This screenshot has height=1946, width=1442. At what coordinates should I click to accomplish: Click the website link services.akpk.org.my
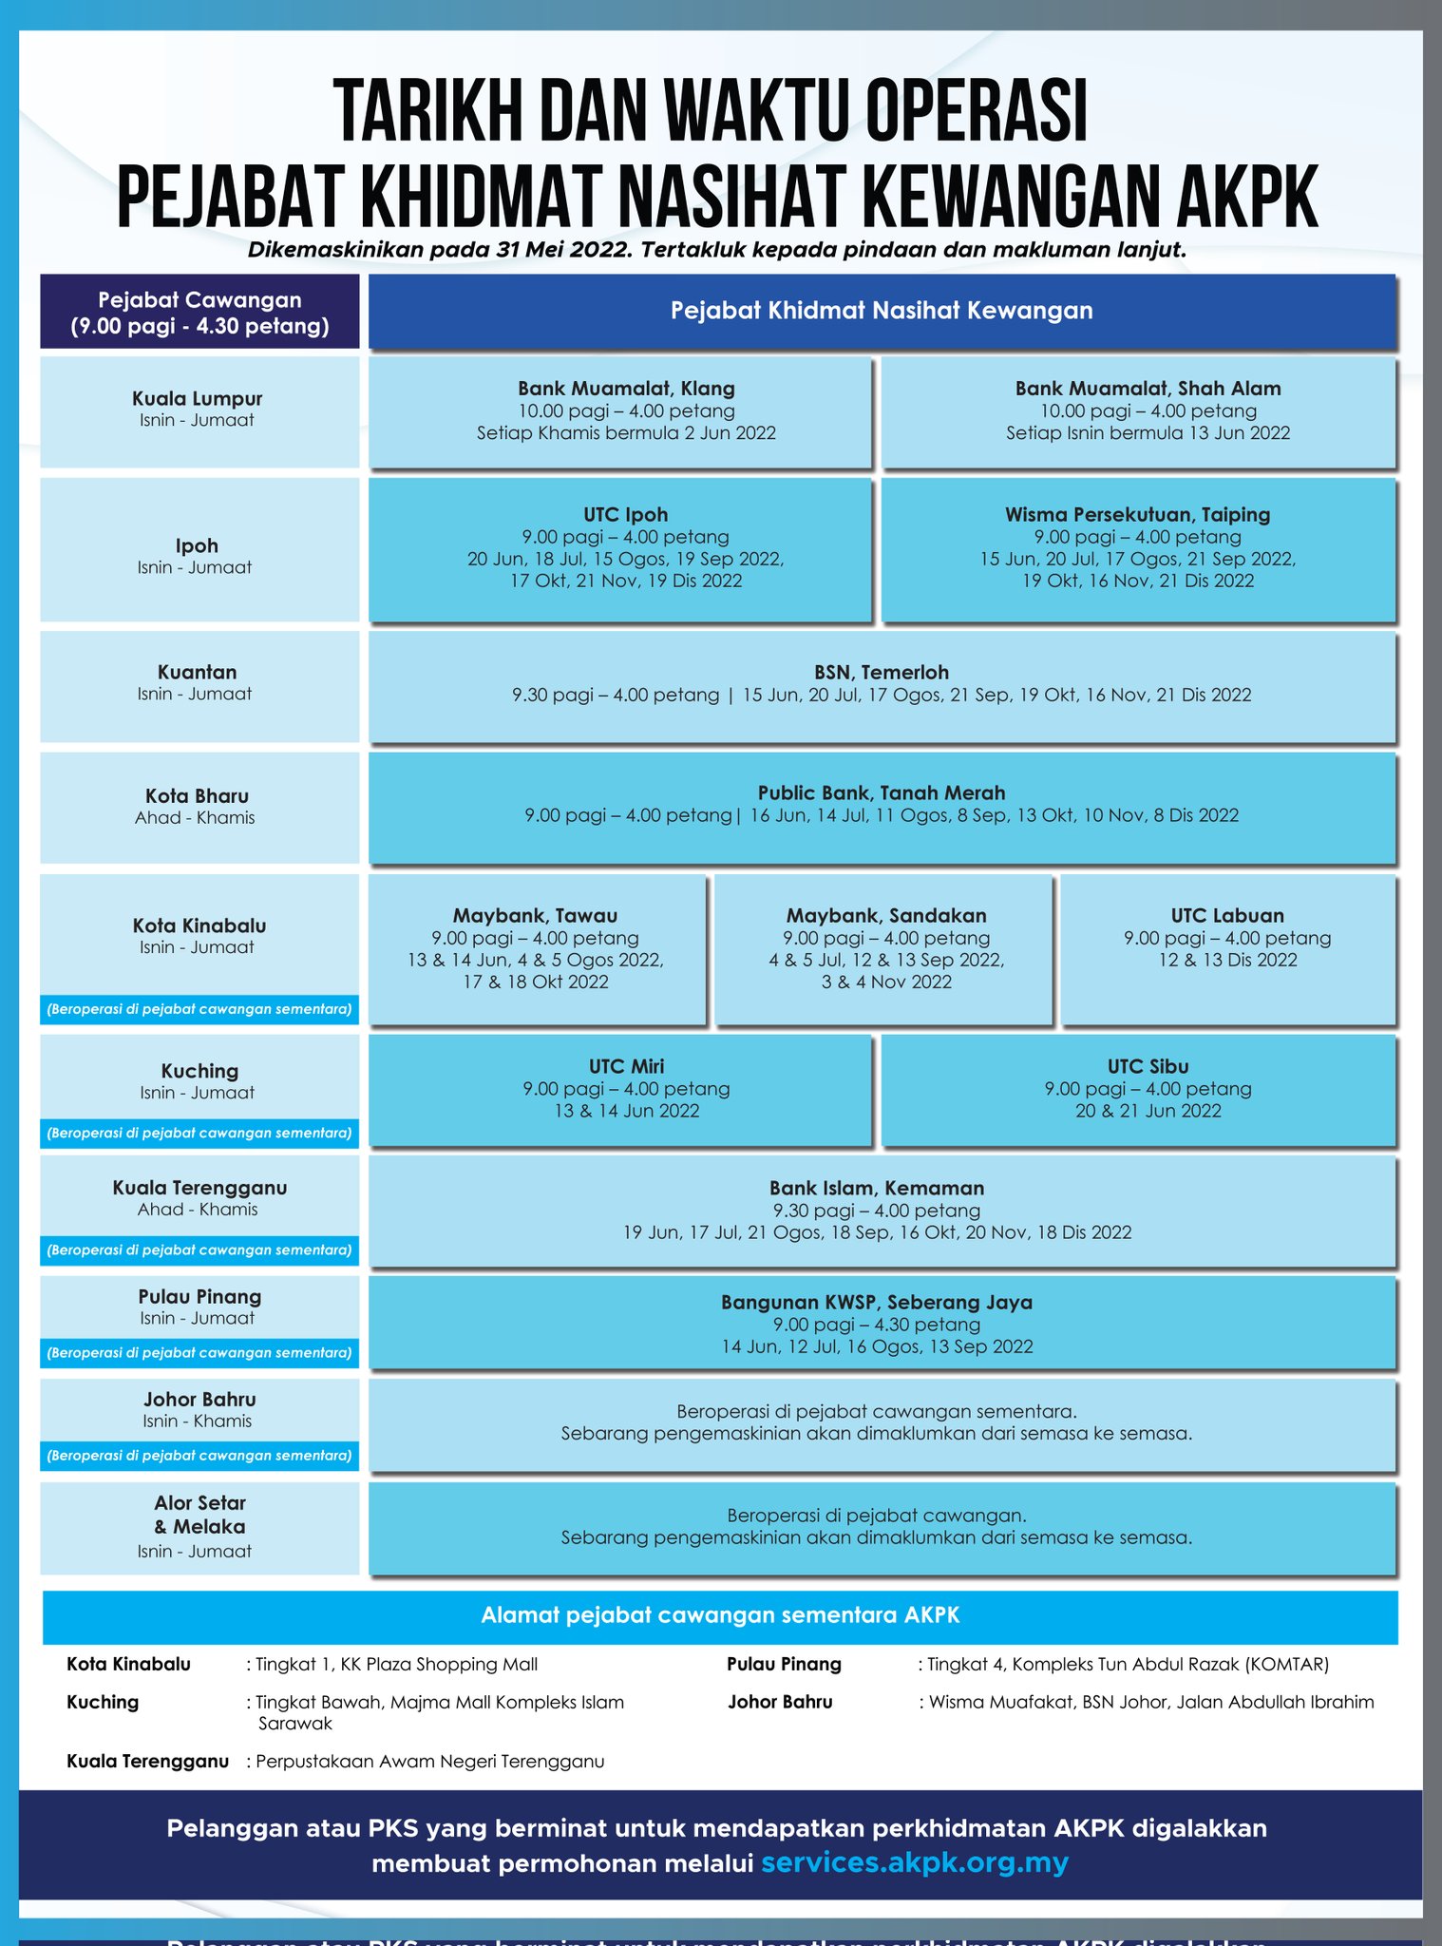[x=915, y=1862]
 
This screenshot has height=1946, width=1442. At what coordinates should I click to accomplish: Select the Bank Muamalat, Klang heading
[x=626, y=389]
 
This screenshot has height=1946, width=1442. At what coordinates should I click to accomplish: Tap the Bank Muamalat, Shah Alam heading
[x=1148, y=389]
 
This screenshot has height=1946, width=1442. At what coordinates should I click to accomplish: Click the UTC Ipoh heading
[x=626, y=514]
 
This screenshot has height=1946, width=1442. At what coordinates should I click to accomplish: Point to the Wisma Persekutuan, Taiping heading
[x=1138, y=515]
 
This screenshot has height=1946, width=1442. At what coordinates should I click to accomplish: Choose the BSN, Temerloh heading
[x=882, y=673]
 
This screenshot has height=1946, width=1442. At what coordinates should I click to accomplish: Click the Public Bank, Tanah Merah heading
[x=882, y=792]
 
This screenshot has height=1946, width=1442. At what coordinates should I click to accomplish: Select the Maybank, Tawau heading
[x=535, y=916]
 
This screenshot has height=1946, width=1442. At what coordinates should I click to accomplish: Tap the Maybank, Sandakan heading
[x=886, y=916]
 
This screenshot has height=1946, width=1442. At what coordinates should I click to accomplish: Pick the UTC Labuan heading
[x=1227, y=915]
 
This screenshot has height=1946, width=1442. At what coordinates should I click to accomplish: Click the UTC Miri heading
[x=626, y=1066]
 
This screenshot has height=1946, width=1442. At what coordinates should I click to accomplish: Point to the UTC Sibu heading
[x=1148, y=1066]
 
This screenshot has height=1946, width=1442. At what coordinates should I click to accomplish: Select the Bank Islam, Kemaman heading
[x=877, y=1188]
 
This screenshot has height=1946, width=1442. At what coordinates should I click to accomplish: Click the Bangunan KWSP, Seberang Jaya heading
[x=877, y=1302]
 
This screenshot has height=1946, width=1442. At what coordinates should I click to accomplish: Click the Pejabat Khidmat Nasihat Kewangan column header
[x=882, y=311]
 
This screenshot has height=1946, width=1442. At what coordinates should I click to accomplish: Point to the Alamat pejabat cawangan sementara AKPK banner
[x=720, y=1615]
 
